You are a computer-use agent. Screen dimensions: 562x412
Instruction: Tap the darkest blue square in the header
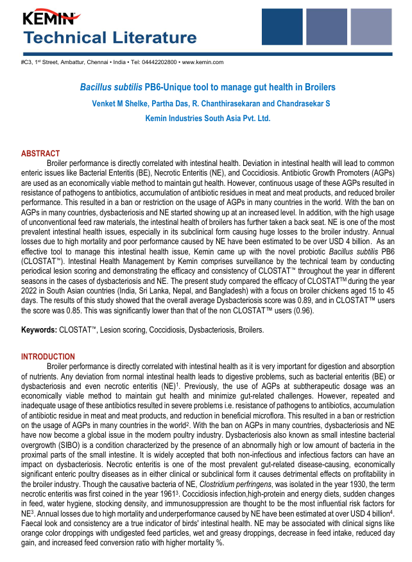[282, 27]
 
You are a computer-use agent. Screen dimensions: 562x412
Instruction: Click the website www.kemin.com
[203, 62]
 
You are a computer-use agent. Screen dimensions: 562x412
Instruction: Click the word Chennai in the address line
[96, 62]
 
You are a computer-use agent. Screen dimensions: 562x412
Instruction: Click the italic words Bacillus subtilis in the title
[106, 87]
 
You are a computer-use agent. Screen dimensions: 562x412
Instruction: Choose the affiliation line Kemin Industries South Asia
[199, 119]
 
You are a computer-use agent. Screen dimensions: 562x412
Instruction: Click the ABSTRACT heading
[40, 154]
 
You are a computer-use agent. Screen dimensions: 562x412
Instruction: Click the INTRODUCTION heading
[48, 356]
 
